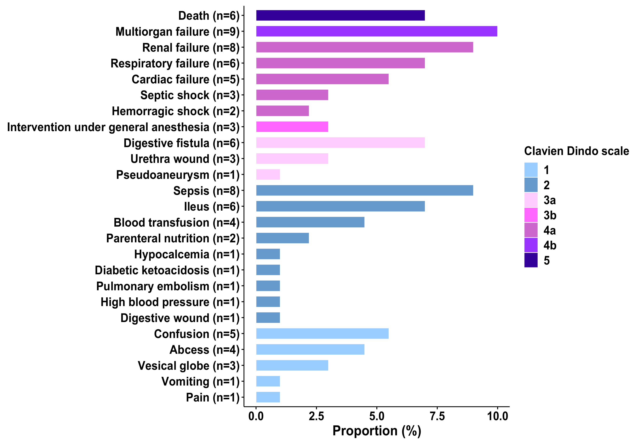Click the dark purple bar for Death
pos(340,16)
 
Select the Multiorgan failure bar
pos(376,31)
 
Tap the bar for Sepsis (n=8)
pos(364,190)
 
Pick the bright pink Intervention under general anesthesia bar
pos(292,127)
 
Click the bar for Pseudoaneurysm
pos(268,175)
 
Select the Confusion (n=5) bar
pos(322,334)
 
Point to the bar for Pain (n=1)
pos(268,397)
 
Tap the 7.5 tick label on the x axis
pos(437,416)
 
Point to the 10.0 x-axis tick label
pos(497,416)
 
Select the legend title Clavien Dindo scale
pos(576,151)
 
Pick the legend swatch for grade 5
pos(531,260)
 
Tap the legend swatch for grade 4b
pos(531,245)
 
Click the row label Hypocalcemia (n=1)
pos(187,254)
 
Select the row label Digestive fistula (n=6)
pos(181,143)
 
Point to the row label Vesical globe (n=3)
pos(188,366)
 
